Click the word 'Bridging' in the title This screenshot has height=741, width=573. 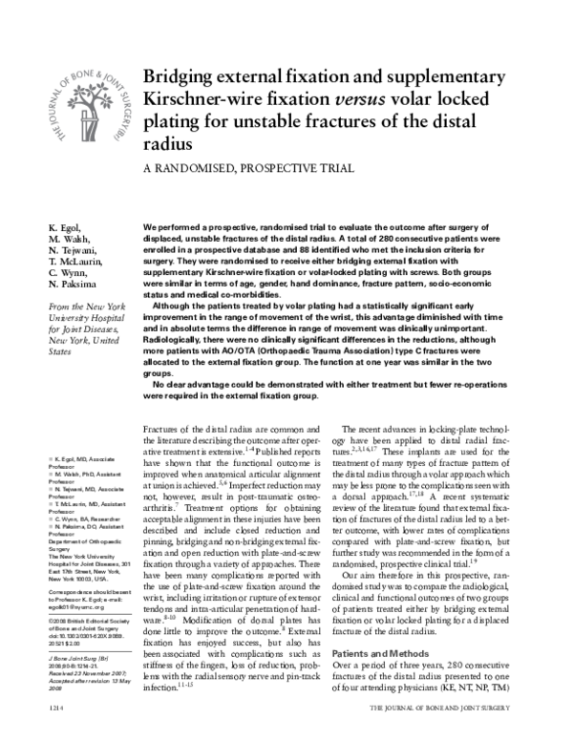click(180, 78)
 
